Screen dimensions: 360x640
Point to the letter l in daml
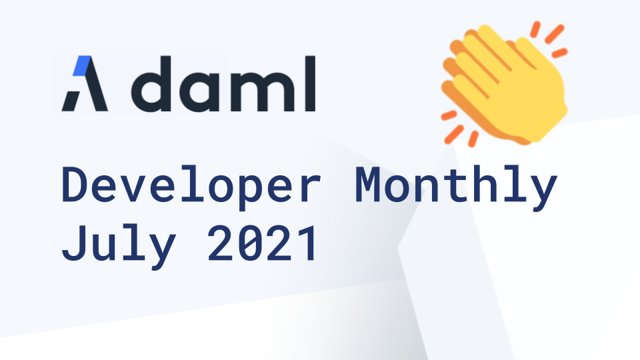pyautogui.click(x=309, y=84)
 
